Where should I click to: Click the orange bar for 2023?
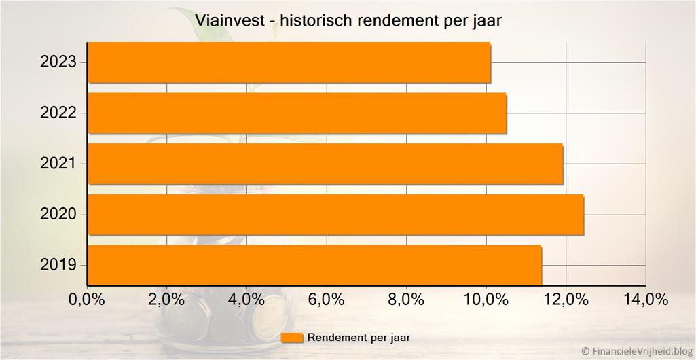tap(289, 62)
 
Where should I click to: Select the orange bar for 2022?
tap(297, 113)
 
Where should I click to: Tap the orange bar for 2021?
tap(325, 164)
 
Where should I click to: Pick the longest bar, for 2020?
tap(335, 215)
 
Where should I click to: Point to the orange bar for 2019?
tap(314, 265)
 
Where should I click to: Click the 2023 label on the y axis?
tap(59, 62)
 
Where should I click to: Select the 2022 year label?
tap(59, 113)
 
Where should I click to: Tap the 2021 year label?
tap(59, 164)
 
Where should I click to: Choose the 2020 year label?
tap(59, 215)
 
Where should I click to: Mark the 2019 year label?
tap(59, 265)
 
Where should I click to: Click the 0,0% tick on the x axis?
tap(87, 300)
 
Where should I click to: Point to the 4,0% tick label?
tap(246, 300)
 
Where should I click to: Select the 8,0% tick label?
tap(406, 300)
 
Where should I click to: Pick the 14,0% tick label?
tap(646, 300)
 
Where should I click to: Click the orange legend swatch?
tap(292, 338)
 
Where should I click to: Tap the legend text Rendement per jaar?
tap(359, 338)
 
